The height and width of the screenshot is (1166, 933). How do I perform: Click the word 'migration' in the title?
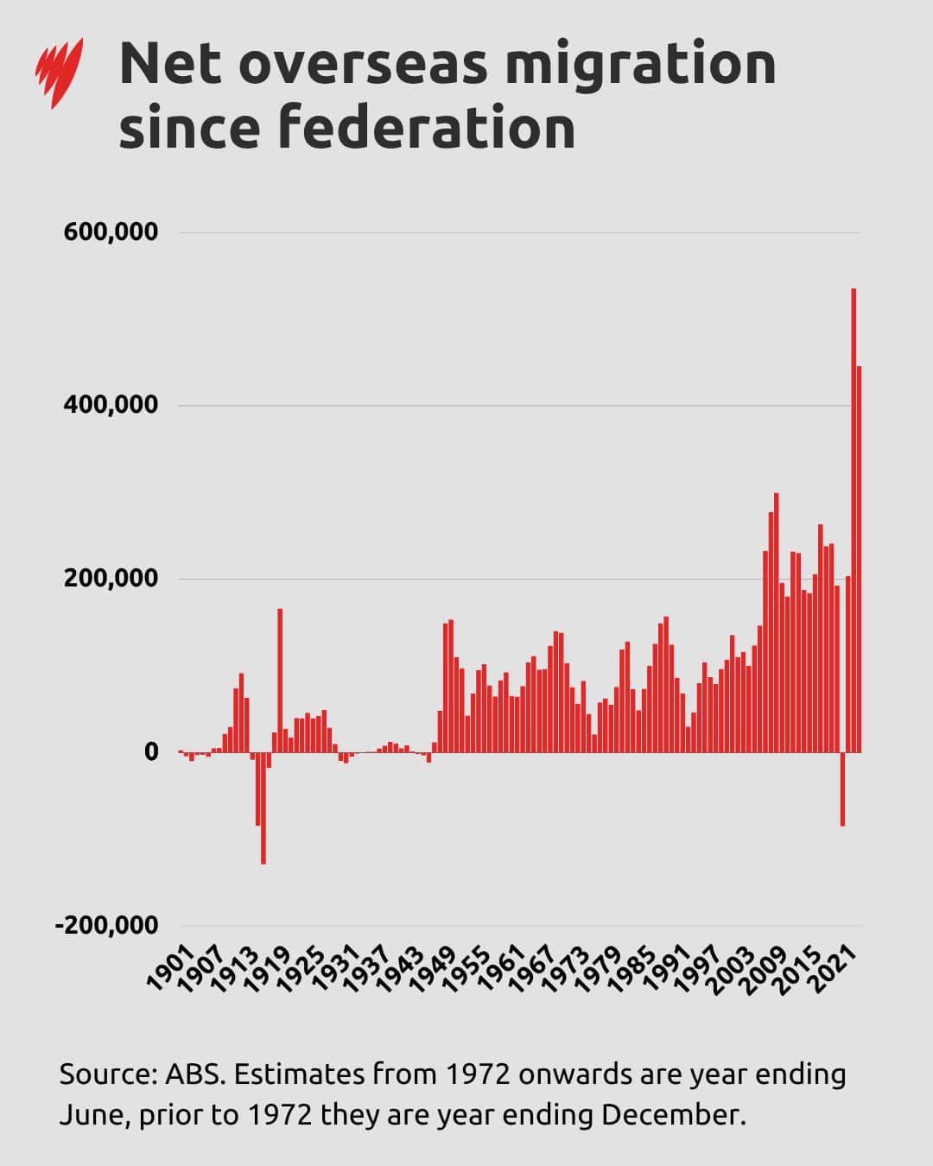[639, 65]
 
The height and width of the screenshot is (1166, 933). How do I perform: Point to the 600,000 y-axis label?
[111, 231]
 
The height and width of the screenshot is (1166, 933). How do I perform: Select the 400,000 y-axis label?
[111, 404]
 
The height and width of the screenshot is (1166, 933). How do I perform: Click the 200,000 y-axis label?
[111, 578]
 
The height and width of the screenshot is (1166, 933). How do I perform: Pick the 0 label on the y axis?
[151, 751]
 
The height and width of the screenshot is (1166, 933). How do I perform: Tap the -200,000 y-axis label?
[107, 925]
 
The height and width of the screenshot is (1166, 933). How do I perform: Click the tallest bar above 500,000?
[854, 518]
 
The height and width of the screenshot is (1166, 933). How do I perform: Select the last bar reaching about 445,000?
[860, 561]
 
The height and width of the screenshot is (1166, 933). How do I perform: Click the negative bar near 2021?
[842, 789]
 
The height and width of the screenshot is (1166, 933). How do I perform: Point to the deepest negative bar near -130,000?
[263, 808]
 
